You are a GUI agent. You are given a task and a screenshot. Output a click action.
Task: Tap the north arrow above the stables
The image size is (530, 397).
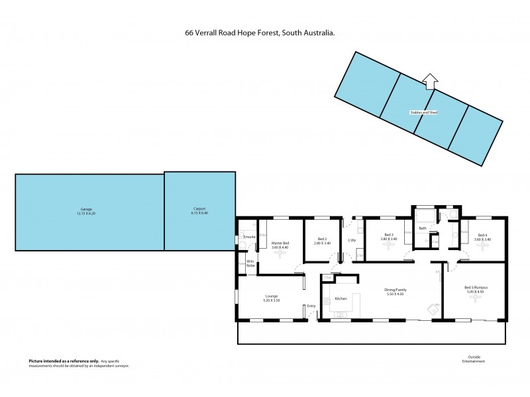click(x=430, y=81)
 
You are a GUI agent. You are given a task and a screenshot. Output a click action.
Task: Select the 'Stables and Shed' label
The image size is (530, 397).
click(x=423, y=112)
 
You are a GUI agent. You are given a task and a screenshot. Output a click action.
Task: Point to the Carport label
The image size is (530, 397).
click(x=199, y=208)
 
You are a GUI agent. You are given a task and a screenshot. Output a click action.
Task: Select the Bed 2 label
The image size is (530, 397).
click(x=323, y=239)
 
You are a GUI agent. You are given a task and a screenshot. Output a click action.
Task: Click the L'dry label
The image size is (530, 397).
click(x=352, y=240)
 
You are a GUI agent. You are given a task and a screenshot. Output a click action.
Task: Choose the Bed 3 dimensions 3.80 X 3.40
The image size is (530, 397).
click(x=389, y=239)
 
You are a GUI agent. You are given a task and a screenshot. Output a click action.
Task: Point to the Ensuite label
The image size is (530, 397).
click(x=250, y=236)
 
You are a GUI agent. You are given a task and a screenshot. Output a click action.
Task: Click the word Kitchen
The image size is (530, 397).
click(x=341, y=298)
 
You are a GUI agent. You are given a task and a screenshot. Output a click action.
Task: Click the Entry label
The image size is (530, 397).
click(x=311, y=306)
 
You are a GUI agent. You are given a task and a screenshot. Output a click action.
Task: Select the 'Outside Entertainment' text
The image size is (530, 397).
click(x=474, y=359)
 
